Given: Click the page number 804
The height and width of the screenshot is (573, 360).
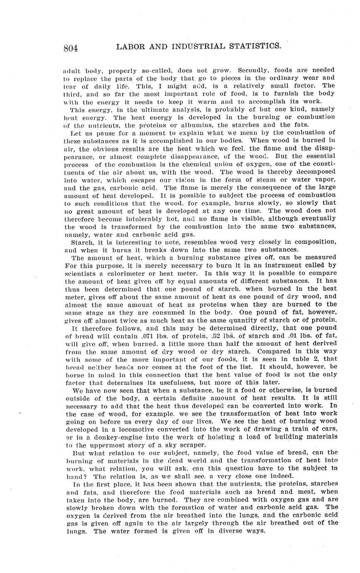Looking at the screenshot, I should point(71,48).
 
